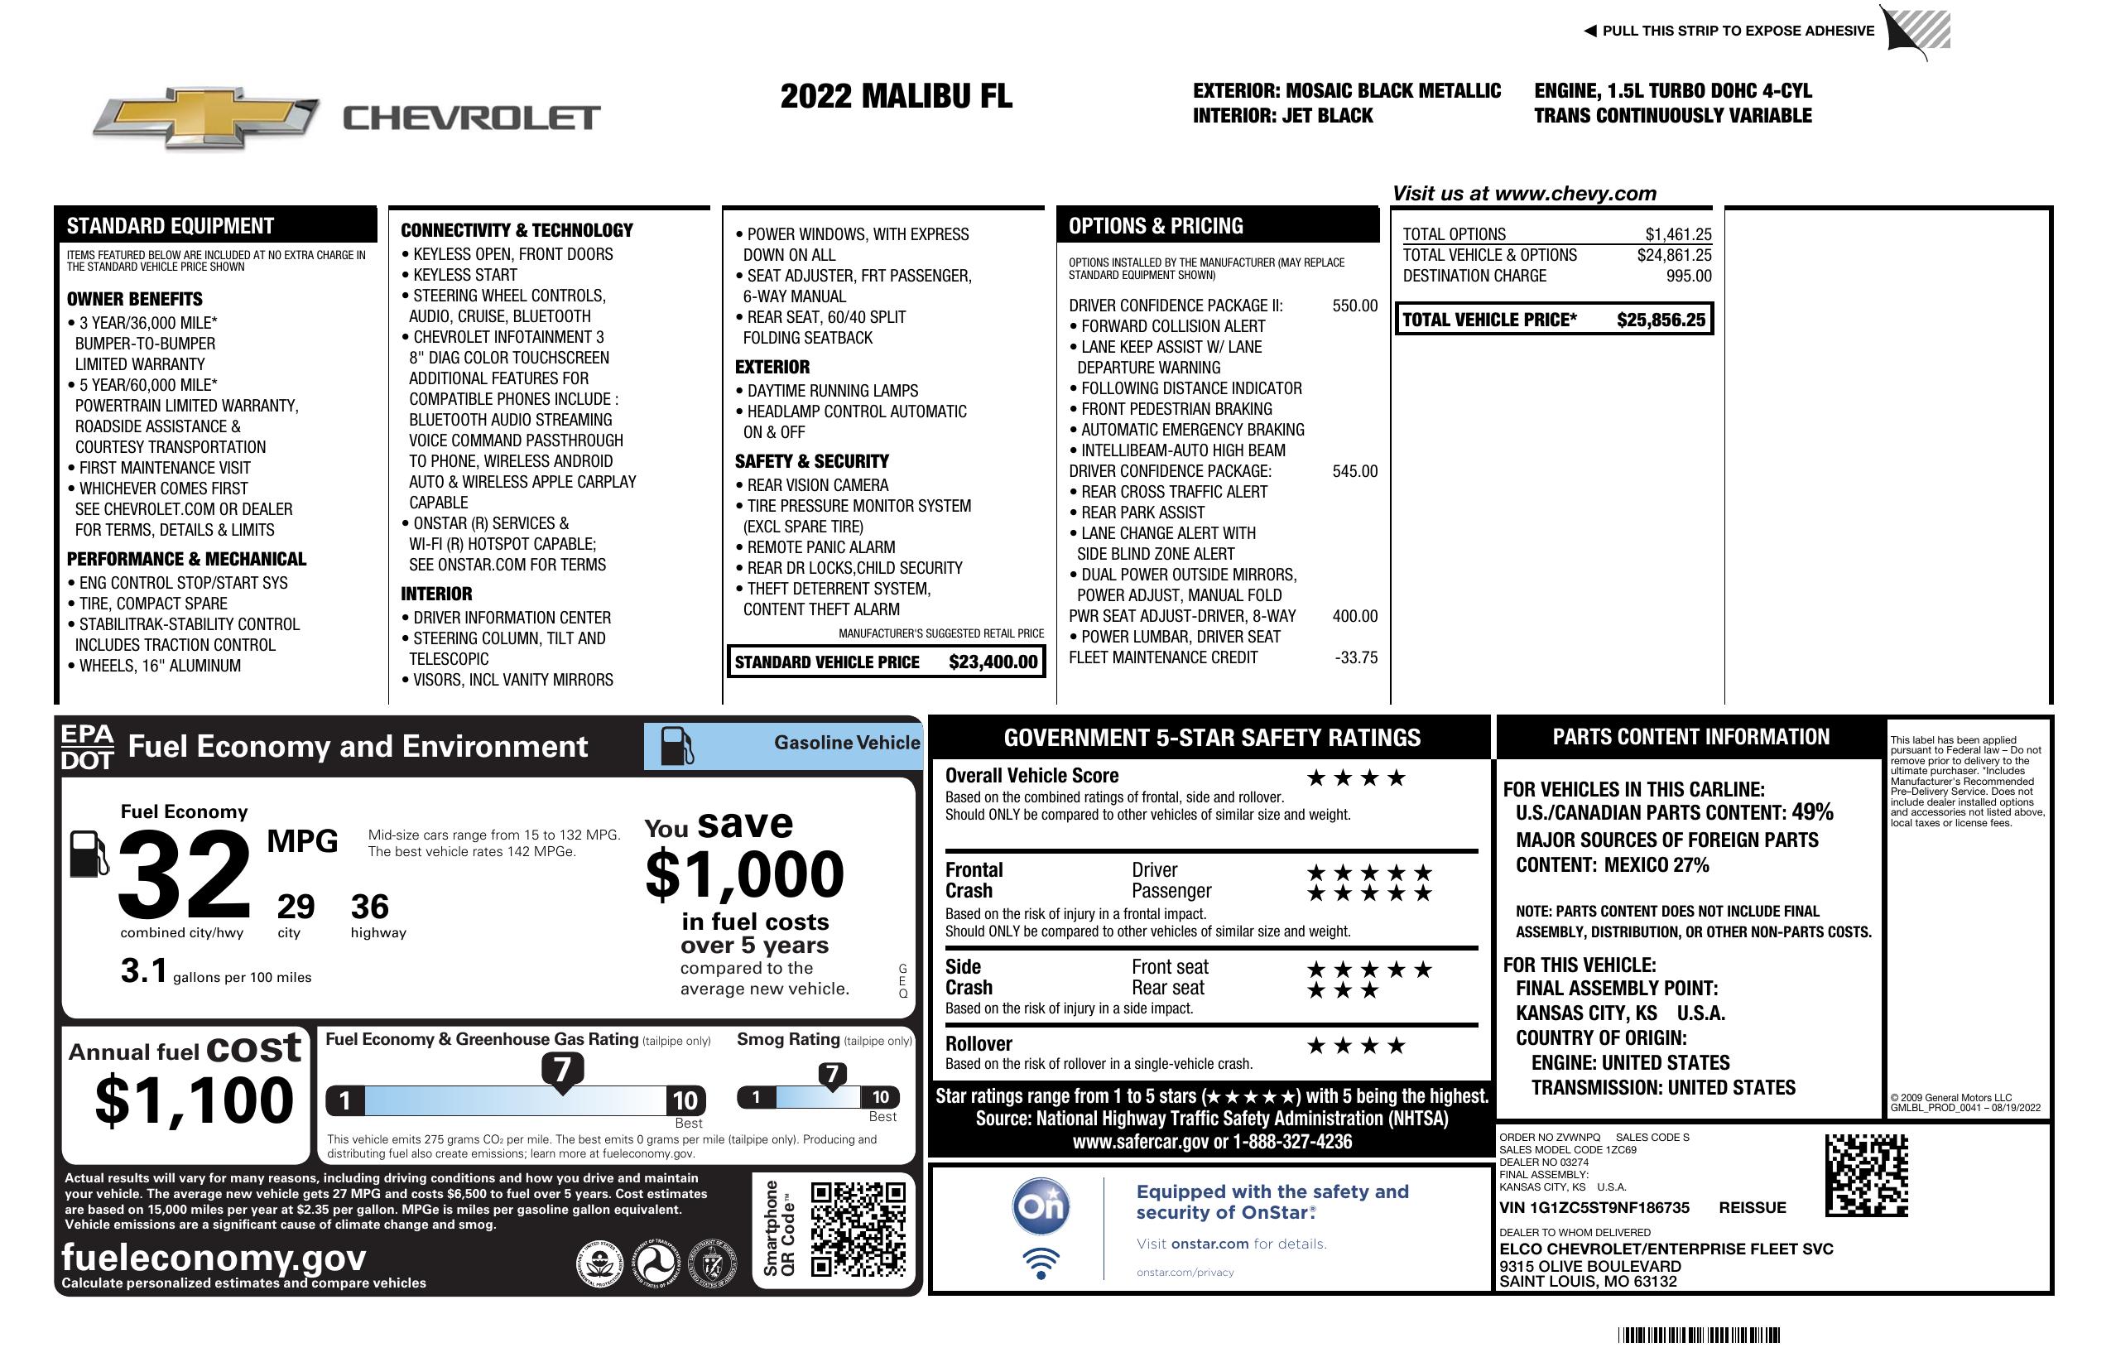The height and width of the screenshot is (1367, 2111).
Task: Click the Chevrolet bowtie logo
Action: pos(206,118)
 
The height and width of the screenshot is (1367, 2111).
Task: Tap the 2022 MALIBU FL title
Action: pos(896,96)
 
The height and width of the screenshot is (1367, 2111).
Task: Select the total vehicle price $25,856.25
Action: pos(1661,320)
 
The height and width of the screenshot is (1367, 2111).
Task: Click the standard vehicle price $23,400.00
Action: pos(993,662)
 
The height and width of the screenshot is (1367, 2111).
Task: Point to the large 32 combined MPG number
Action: pos(185,874)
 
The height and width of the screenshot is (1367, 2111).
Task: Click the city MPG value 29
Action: pos(296,907)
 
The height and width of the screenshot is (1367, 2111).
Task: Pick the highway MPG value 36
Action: pos(370,907)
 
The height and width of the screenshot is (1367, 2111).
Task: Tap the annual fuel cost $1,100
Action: pos(195,1100)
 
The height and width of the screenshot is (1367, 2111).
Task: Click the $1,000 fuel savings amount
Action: pos(745,874)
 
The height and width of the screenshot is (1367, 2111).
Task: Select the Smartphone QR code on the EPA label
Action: pos(858,1229)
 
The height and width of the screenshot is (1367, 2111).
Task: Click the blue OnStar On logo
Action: pos(1041,1206)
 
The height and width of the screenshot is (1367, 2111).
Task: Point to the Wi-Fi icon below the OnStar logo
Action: pos(1041,1264)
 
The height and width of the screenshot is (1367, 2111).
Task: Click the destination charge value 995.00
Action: pos(1689,276)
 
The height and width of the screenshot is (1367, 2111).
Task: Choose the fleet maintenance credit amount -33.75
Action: pos(1356,658)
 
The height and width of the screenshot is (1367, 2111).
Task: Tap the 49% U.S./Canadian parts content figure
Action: pos(1812,811)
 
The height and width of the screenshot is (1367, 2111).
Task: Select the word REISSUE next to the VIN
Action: pos(1752,1207)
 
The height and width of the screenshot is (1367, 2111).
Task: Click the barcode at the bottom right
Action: pos(1699,1335)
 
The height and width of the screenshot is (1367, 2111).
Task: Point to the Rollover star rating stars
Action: pos(1355,1046)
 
